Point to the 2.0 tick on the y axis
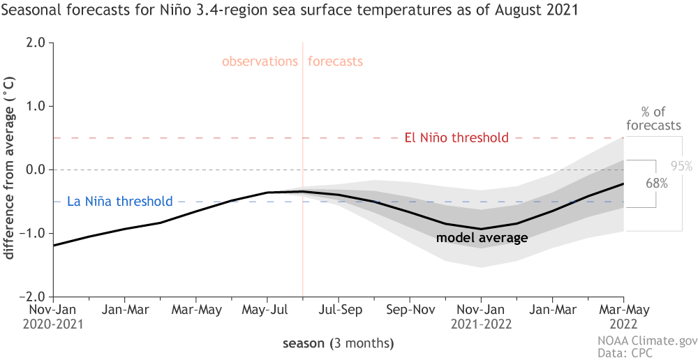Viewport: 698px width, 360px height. click(37, 43)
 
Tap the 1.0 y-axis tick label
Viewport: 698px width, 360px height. click(37, 106)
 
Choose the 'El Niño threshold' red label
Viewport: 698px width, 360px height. click(456, 137)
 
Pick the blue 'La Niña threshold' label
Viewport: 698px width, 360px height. click(119, 202)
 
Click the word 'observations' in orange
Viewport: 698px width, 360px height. click(260, 61)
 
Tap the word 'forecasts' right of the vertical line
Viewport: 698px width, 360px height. click(336, 61)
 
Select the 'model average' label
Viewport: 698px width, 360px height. click(482, 238)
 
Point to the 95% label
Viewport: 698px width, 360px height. click(681, 166)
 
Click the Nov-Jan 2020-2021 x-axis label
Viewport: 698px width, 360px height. click(53, 315)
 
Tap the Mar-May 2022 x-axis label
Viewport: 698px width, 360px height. click(623, 315)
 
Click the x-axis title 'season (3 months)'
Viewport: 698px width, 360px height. click(338, 343)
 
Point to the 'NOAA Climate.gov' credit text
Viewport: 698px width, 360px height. click(646, 341)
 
